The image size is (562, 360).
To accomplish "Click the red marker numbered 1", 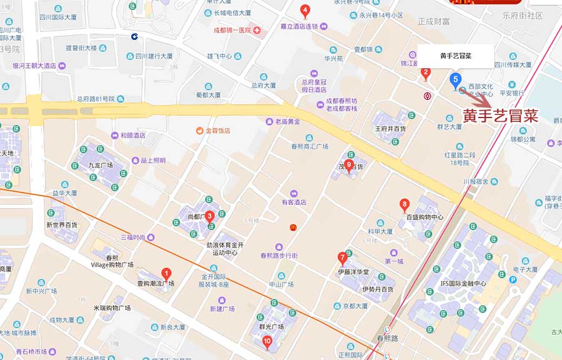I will [166, 273].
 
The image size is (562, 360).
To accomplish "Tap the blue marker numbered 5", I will [455, 79].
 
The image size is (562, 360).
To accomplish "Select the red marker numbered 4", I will [305, 10].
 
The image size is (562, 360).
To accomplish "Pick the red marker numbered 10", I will [267, 341].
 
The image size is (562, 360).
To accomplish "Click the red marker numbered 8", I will [405, 204].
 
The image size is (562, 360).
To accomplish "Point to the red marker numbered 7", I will [342, 257].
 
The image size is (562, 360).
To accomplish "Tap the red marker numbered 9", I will [348, 164].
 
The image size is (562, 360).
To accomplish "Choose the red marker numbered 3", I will [210, 216].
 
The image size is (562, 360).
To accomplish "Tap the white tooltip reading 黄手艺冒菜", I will [455, 56].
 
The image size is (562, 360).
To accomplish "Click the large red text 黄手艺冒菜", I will [500, 116].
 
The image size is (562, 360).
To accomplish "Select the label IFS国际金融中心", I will [463, 283].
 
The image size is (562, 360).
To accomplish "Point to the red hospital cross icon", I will [257, 30].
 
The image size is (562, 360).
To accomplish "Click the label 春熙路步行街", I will [279, 256].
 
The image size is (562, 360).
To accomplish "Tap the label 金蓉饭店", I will [218, 131].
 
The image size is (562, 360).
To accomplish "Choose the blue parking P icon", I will [513, 280].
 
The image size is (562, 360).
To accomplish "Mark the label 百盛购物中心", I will [425, 217].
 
